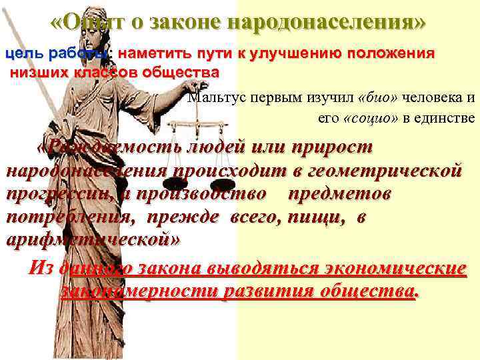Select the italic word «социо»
coord(365,118)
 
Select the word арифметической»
coord(93,241)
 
